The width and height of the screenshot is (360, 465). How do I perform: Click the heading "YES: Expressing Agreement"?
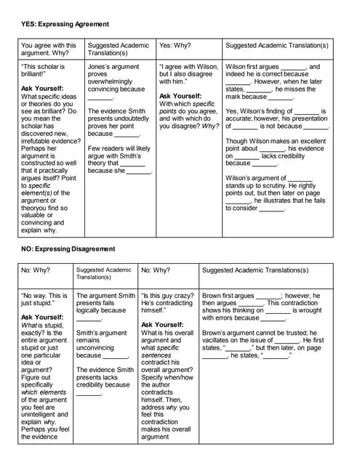coord(65,24)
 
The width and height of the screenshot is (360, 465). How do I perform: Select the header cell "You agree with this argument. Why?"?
coord(49,49)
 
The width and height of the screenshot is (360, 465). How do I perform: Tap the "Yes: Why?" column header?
coord(175,45)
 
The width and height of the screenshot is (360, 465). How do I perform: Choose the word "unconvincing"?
coord(97,347)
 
